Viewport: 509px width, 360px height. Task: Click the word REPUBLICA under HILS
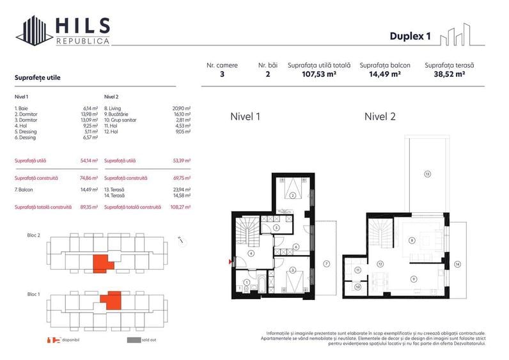82,41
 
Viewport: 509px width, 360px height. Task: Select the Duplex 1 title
410,36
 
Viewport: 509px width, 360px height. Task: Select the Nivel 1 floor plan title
245,117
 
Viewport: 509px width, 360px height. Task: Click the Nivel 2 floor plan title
380,117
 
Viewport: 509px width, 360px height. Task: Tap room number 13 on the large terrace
427,173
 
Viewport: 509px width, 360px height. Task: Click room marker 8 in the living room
412,240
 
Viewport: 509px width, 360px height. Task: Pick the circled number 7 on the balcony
325,263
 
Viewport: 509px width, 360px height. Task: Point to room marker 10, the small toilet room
357,287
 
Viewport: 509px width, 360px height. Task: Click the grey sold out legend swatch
133,340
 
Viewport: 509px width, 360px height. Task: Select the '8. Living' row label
113,108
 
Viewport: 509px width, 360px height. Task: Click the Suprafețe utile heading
37,77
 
